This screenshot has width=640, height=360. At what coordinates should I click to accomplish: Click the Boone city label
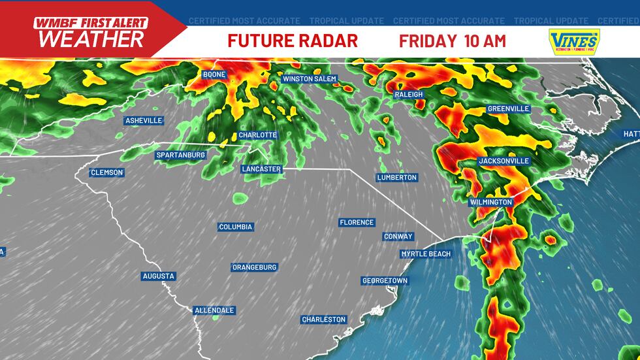pos(214,74)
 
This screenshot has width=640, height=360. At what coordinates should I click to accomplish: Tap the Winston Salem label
pos(309,79)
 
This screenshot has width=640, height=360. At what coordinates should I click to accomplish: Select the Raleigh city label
pos(409,95)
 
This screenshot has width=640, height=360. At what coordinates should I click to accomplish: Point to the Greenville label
pos(508,109)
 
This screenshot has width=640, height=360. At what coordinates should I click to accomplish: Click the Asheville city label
pos(144,121)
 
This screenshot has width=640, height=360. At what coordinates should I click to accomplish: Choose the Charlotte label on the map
pos(257,135)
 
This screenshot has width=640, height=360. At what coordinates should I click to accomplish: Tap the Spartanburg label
pos(181,155)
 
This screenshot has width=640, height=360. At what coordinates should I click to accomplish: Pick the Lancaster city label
pos(261,169)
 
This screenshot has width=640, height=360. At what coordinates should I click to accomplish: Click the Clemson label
pos(107,173)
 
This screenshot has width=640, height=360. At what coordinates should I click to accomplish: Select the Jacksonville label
pos(504,161)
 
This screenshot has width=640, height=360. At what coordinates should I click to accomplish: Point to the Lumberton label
pos(397,178)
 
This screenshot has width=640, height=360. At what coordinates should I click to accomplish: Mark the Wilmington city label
pos(491,203)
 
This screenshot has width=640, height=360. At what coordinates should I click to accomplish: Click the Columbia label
pos(236,227)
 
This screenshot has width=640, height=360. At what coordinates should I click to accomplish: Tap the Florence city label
pos(357,223)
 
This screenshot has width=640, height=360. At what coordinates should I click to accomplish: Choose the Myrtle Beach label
pos(426,254)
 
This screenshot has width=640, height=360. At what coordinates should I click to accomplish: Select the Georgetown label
pos(385,281)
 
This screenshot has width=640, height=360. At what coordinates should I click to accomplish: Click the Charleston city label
pos(323,319)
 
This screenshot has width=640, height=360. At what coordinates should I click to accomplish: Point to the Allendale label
pos(214,310)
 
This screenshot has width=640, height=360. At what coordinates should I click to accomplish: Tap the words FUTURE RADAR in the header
pos(293,41)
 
